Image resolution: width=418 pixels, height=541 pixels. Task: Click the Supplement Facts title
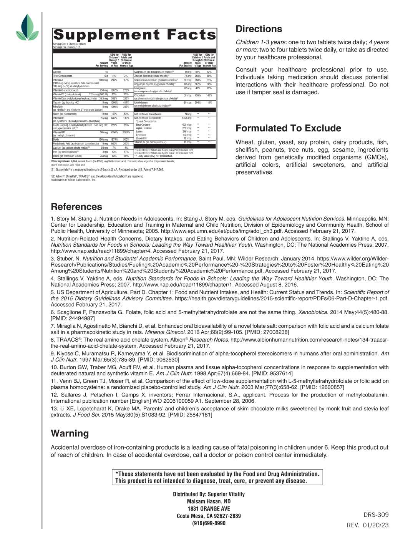click(x=134, y=35)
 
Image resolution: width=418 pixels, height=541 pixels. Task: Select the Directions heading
click(x=259, y=29)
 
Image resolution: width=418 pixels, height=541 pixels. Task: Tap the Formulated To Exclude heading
click(x=288, y=128)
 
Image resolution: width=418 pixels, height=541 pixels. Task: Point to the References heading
click(x=76, y=207)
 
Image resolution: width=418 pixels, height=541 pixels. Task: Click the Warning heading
click(x=70, y=433)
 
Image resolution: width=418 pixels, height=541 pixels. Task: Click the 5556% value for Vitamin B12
click(x=114, y=132)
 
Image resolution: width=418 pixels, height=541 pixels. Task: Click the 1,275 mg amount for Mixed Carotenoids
click(x=186, y=118)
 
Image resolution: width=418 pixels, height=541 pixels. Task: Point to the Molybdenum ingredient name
click(x=140, y=103)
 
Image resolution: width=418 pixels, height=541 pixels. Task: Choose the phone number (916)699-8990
click(x=209, y=523)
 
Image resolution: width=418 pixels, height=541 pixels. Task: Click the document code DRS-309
click(x=376, y=515)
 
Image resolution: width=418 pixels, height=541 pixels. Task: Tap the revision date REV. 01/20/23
click(x=368, y=525)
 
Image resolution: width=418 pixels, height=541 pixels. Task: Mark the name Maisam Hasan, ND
click(x=209, y=501)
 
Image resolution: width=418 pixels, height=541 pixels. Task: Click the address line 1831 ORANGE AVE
click(x=209, y=509)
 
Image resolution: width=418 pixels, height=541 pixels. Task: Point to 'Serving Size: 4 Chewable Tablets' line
click(x=70, y=44)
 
